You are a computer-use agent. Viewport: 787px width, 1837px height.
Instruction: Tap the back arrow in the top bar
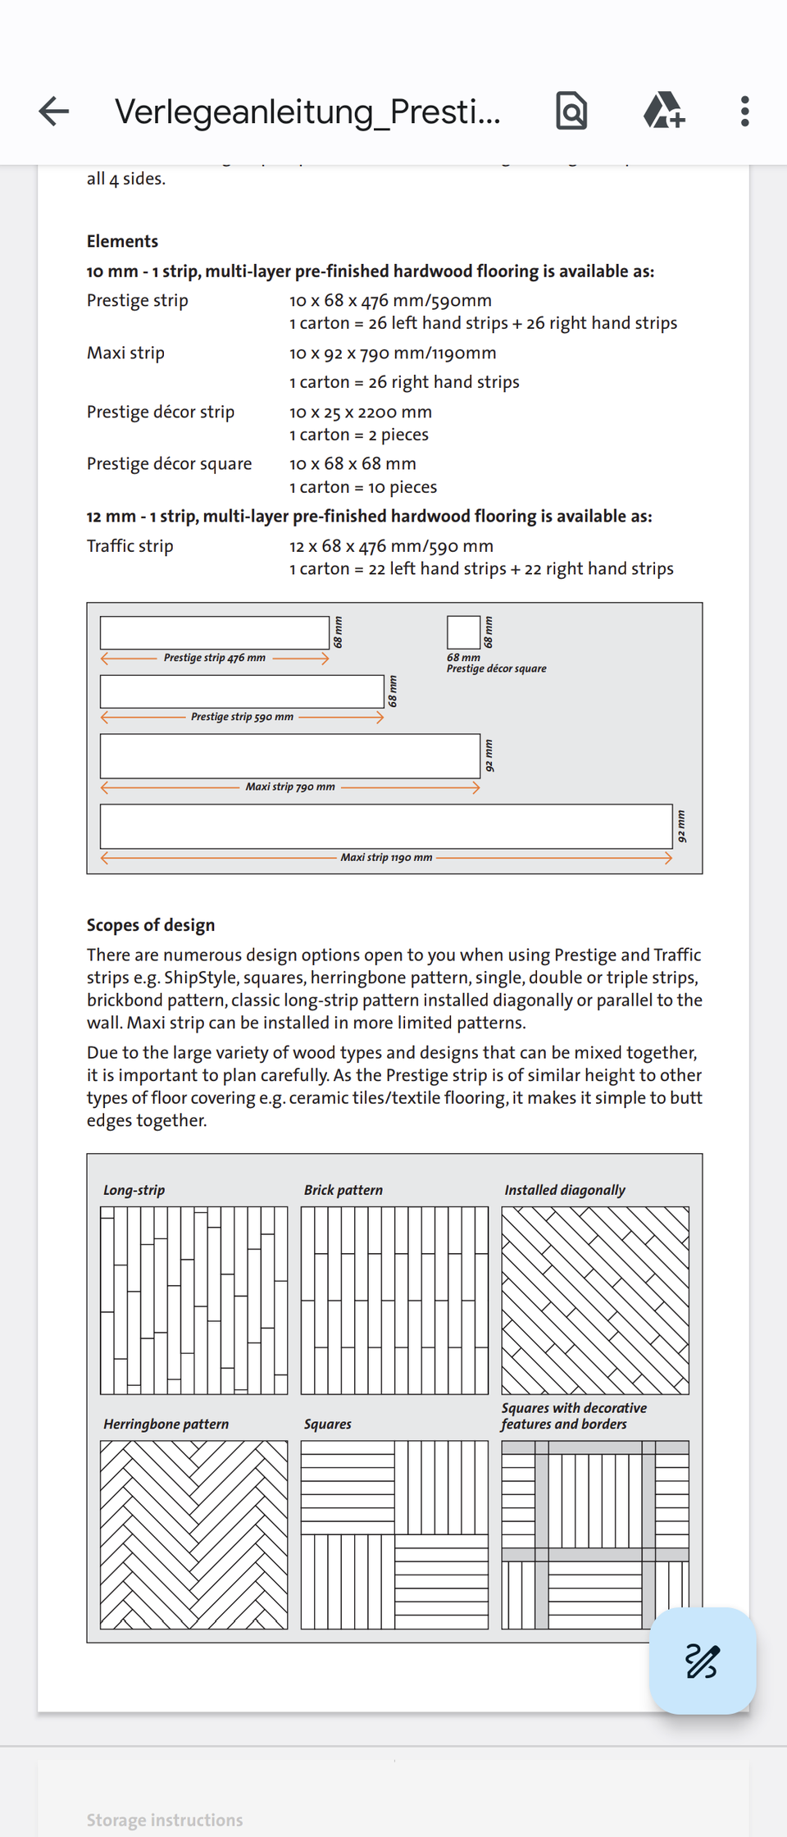54,112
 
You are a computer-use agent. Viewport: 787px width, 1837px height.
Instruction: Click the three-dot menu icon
744,112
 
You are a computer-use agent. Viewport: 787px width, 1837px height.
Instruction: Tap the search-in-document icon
571,112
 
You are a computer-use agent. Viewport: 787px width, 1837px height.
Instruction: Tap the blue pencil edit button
702,1661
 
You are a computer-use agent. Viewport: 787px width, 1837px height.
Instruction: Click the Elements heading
122,241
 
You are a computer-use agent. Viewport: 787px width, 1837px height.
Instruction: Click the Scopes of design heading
151,925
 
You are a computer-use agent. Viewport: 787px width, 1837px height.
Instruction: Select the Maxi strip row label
125,353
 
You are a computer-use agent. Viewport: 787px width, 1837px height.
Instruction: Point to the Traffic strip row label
130,546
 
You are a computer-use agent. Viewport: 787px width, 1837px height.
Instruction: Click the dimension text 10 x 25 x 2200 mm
360,413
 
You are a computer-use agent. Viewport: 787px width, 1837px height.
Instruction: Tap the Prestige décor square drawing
463,632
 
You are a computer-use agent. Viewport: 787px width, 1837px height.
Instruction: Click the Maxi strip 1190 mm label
386,858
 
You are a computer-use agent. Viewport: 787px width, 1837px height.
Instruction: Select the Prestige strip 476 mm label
214,658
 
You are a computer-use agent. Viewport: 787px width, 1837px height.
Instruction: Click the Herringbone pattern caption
166,1424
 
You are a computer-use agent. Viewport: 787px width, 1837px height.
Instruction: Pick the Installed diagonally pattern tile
595,1300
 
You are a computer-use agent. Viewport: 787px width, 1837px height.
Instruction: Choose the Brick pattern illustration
394,1300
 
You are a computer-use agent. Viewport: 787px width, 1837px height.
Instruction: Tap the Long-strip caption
134,1190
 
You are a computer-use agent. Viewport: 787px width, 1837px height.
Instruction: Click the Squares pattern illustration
394,1534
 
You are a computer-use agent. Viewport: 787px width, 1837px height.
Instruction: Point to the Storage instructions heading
165,1821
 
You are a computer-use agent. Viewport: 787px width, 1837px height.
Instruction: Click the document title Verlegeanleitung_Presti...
307,112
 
